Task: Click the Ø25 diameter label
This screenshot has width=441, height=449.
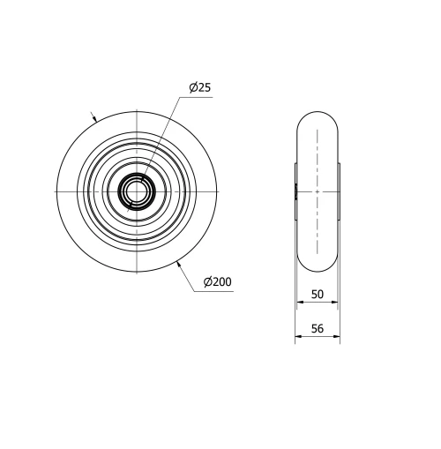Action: (x=199, y=87)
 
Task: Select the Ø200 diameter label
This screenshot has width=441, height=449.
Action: (x=217, y=281)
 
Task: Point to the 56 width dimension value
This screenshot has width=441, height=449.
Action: (x=317, y=328)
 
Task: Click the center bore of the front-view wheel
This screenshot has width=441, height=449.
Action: (x=136, y=191)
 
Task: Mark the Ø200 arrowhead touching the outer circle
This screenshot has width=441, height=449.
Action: (x=180, y=262)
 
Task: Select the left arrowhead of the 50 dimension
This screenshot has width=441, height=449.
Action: (x=298, y=302)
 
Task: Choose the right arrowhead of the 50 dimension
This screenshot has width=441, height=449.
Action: (x=336, y=302)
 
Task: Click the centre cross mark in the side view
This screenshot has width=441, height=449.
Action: (x=316, y=191)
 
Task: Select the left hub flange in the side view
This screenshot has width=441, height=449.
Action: (x=295, y=191)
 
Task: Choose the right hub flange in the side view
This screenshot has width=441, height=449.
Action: (x=340, y=191)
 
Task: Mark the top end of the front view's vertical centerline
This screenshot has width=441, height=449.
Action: (x=136, y=109)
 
